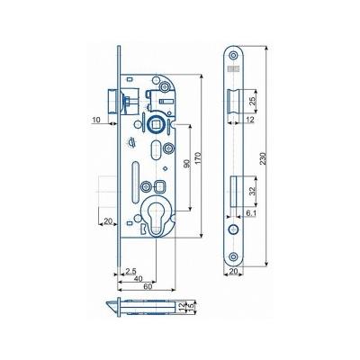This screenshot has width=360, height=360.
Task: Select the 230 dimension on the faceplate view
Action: [263, 157]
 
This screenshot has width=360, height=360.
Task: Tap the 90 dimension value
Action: [186, 164]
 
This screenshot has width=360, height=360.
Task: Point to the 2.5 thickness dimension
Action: [130, 272]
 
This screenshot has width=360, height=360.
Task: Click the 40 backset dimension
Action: [138, 279]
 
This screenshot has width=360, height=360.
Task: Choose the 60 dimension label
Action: [148, 286]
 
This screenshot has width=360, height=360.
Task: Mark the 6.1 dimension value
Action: [250, 213]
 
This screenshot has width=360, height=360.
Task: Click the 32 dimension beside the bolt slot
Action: [252, 192]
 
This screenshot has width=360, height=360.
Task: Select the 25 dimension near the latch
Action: [252, 101]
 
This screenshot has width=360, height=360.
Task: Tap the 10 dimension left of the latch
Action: [96, 120]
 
